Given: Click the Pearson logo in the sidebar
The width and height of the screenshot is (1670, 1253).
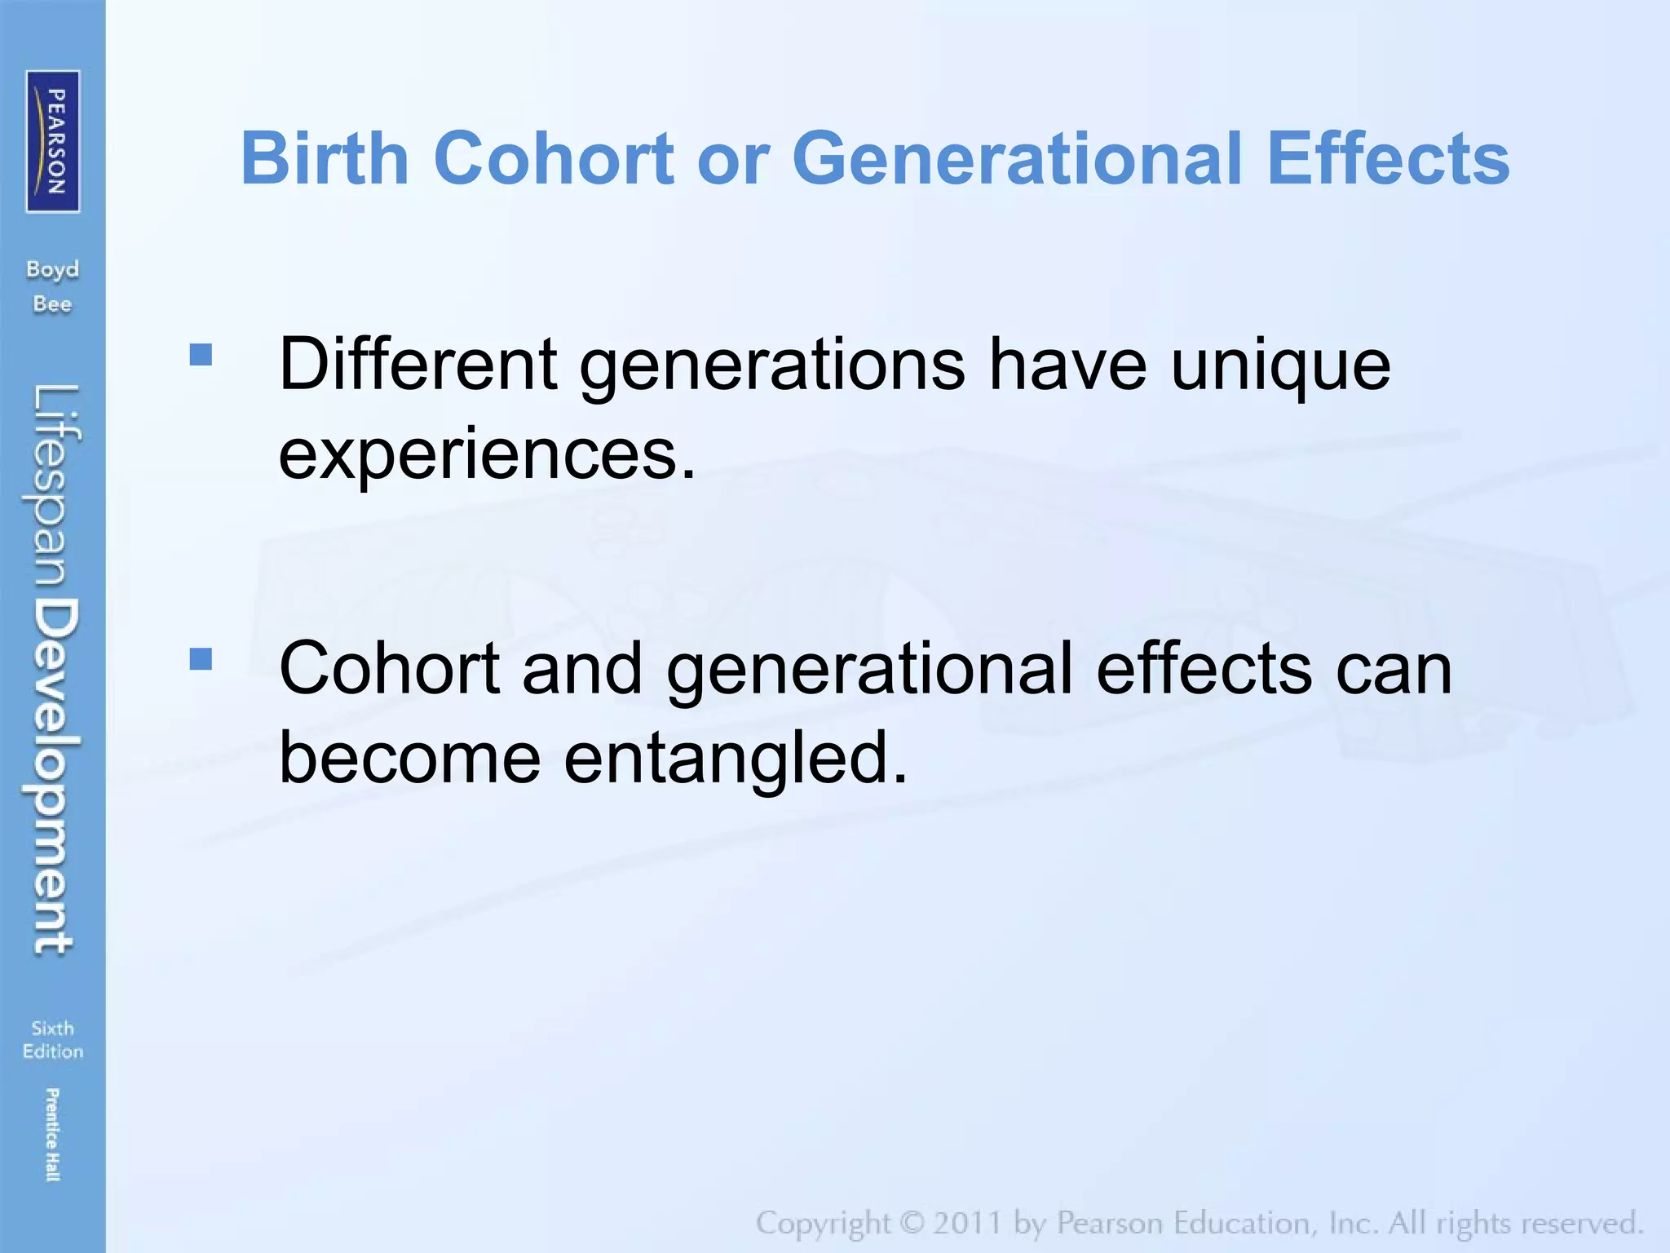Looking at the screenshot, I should tap(53, 141).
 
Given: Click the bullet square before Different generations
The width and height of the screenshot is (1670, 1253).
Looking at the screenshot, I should tap(201, 354).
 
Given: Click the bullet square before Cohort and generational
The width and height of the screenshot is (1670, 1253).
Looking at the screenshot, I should tap(201, 658).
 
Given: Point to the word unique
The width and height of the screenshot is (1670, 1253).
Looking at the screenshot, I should tap(1280, 365).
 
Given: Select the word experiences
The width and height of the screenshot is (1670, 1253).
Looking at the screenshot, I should tap(487, 454).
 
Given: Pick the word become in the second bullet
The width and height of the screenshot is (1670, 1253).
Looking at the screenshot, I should tap(409, 757).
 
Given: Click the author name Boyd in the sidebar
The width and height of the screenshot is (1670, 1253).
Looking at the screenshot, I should tap(52, 269).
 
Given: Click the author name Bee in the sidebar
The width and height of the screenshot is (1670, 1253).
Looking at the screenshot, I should tap(52, 304).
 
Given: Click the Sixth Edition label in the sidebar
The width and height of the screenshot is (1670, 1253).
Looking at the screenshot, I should tap(52, 1039).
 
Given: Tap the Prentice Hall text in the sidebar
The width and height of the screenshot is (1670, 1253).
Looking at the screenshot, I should tap(51, 1134).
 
